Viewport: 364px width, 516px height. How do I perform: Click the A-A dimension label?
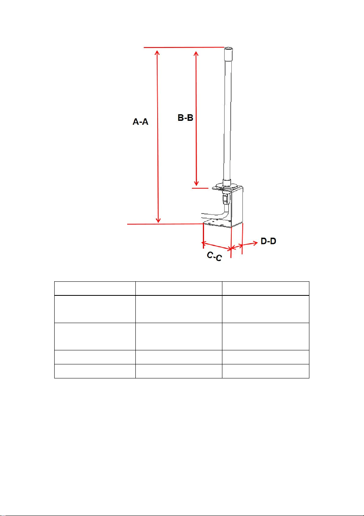point(140,121)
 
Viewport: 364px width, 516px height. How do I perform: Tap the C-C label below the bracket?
point(214,256)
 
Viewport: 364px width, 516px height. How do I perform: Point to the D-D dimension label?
point(268,241)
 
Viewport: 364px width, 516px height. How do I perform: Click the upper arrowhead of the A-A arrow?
point(157,53)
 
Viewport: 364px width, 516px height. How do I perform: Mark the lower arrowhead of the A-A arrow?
point(158,220)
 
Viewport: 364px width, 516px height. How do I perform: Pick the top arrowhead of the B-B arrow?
point(196,53)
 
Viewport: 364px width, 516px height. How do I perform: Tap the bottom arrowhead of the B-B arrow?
point(196,183)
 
